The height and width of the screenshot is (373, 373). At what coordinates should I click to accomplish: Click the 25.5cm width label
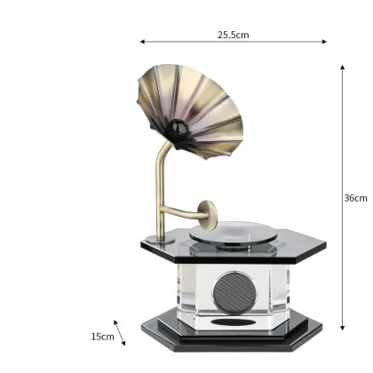pyautogui.click(x=233, y=36)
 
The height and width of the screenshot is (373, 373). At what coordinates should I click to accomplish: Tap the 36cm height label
pyautogui.click(x=355, y=198)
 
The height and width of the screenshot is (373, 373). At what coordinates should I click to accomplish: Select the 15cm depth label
pyautogui.click(x=102, y=337)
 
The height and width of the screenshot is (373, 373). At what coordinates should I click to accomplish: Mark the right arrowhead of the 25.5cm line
pyautogui.click(x=325, y=41)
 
